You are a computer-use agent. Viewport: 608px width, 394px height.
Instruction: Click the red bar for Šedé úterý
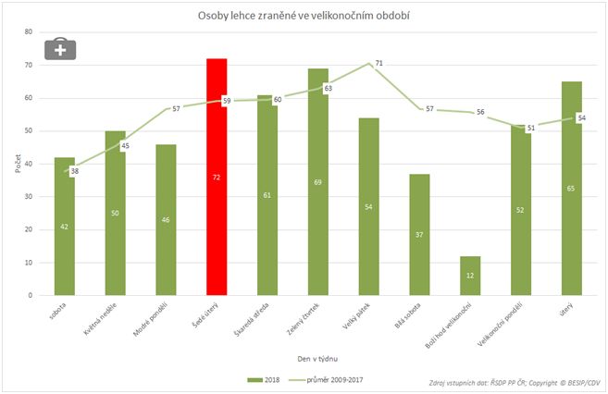pos(217,177)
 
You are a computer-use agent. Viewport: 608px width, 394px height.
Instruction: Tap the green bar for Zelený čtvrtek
pos(318,181)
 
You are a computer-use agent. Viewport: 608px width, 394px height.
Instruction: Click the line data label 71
pos(379,63)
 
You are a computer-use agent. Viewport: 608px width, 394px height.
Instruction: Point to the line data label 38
pos(74,171)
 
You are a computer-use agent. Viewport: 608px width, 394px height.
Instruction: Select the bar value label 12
pos(471,276)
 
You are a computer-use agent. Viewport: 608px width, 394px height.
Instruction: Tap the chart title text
pos(304,16)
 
